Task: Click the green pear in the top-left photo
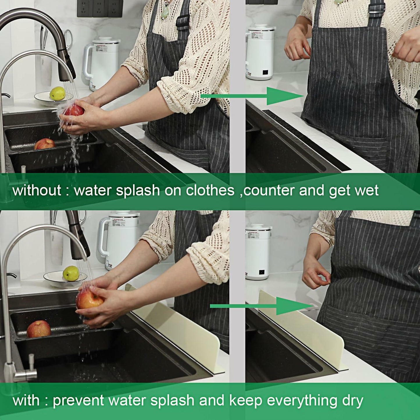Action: click(57, 93)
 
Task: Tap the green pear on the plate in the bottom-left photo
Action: click(71, 273)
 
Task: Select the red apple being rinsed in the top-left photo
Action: click(74, 110)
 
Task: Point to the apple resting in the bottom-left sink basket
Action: click(39, 329)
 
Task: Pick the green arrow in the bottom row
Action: click(262, 306)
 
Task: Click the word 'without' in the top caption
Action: click(37, 191)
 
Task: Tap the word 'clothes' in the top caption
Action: click(210, 191)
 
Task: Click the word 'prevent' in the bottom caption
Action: click(78, 401)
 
